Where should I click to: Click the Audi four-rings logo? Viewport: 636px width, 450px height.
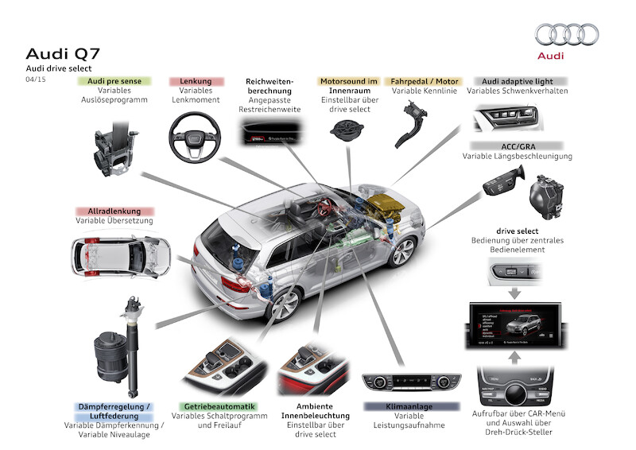click(567, 34)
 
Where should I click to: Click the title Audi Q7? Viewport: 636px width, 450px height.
click(63, 53)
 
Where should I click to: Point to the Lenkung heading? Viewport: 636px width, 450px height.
click(195, 81)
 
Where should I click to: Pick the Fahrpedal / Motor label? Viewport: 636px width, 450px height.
click(423, 81)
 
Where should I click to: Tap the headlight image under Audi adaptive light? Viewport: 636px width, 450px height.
click(507, 119)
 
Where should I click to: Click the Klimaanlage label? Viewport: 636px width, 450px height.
click(410, 405)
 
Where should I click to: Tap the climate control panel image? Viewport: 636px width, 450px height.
click(410, 383)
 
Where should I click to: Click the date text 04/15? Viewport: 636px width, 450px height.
click(35, 80)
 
